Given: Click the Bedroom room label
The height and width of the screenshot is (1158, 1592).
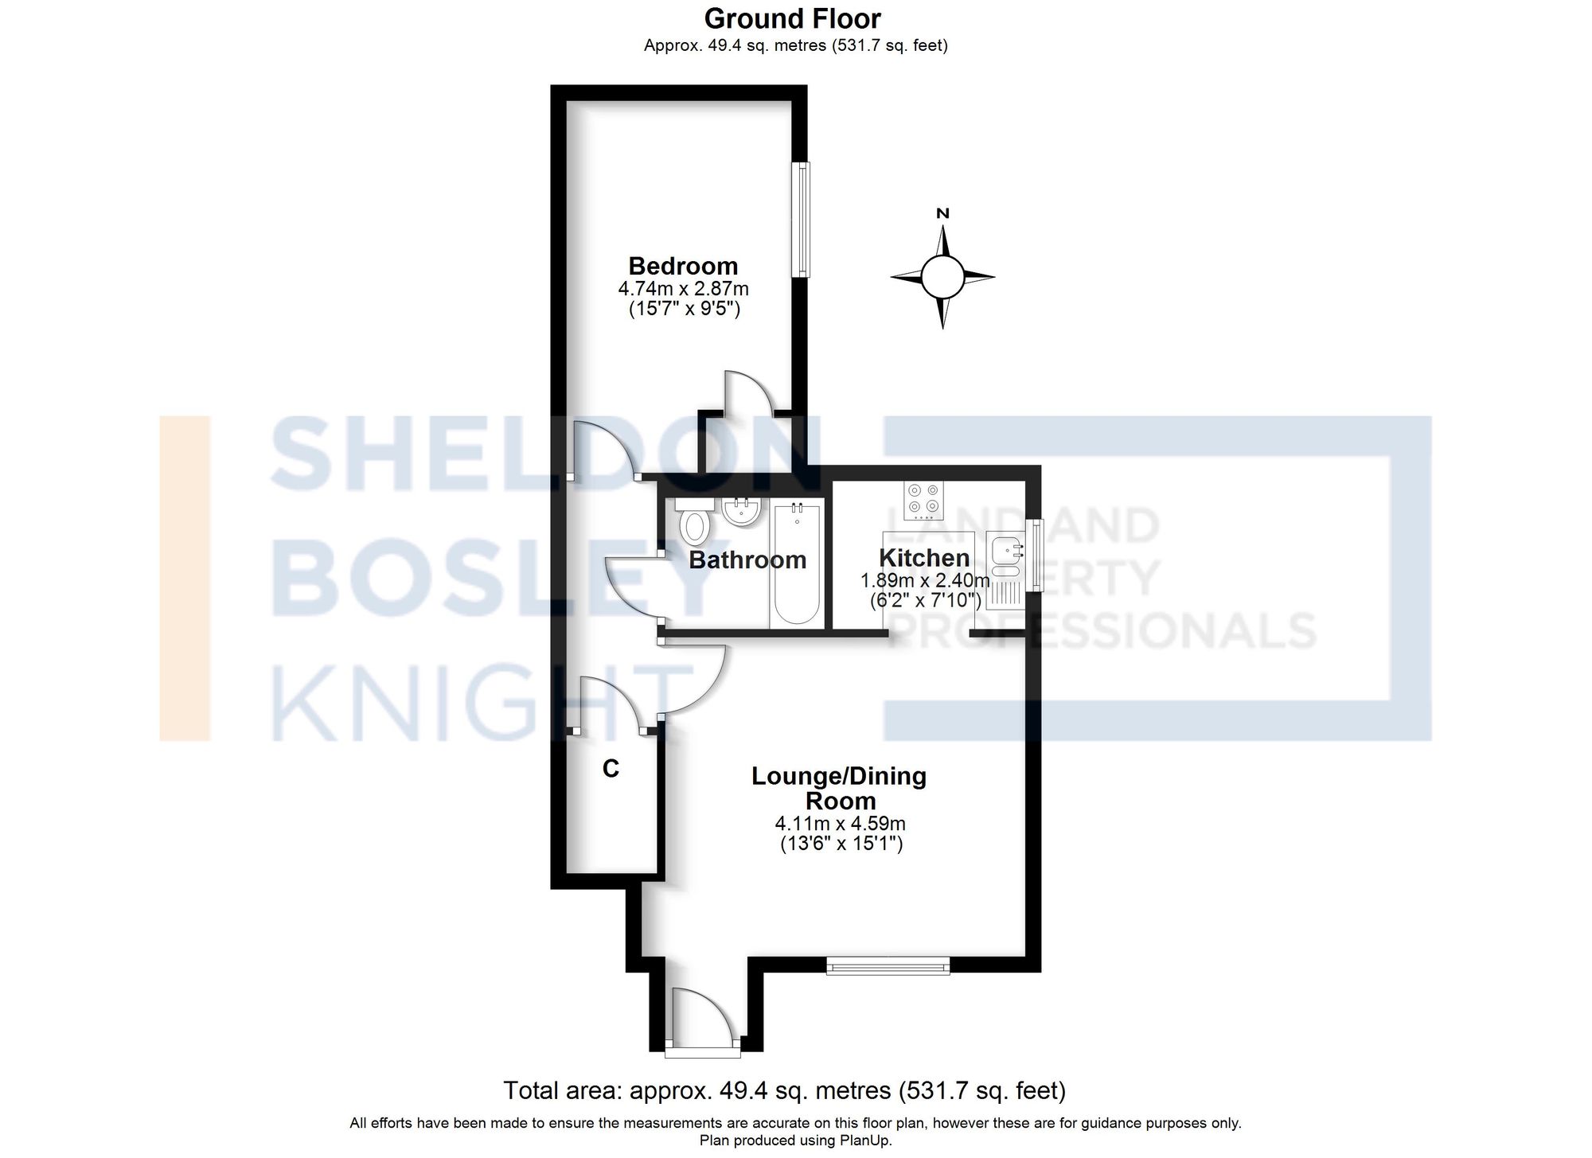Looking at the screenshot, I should pyautogui.click(x=683, y=266).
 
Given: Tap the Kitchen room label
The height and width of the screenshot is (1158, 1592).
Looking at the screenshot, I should pyautogui.click(x=923, y=558).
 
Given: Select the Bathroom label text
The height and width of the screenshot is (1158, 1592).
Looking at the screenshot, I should pyautogui.click(x=747, y=560).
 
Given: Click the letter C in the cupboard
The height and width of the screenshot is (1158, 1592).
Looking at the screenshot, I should pyautogui.click(x=611, y=769).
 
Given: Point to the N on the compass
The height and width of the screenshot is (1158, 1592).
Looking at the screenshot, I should pyautogui.click(x=943, y=213).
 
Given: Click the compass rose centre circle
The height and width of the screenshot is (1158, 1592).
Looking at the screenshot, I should pyautogui.click(x=942, y=277).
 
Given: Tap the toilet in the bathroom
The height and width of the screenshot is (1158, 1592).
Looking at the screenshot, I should pyautogui.click(x=695, y=522).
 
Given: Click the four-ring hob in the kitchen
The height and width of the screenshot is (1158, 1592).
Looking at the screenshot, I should pyautogui.click(x=923, y=499).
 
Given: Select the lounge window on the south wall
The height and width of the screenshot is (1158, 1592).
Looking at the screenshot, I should pyautogui.click(x=888, y=965).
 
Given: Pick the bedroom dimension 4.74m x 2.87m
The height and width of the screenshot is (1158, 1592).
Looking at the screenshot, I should pyautogui.click(x=683, y=288).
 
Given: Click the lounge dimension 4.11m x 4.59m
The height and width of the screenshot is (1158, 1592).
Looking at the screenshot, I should pyautogui.click(x=840, y=824).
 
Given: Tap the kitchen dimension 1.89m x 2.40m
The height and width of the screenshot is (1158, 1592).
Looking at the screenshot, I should pyautogui.click(x=924, y=580).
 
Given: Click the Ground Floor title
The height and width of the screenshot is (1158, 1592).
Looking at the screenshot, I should pyautogui.click(x=792, y=18).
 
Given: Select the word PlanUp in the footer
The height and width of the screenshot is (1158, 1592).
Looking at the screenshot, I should pyautogui.click(x=868, y=1140).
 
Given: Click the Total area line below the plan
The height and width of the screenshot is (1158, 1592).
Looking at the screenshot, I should pyautogui.click(x=784, y=1090).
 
